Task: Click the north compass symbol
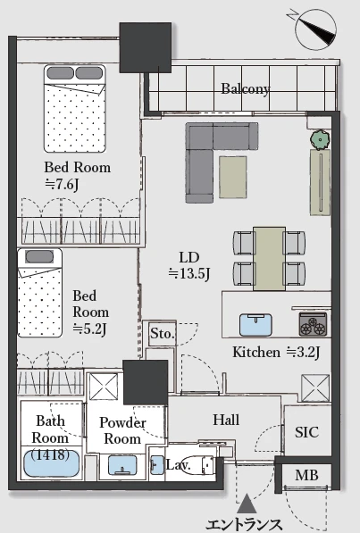[x=315, y=29]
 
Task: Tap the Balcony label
[x=246, y=88]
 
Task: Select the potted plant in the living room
[x=320, y=139]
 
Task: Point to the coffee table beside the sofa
[x=233, y=177]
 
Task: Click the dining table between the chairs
[x=269, y=259]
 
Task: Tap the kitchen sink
[x=255, y=325]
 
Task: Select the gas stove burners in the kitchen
[x=313, y=325]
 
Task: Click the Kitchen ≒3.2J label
[x=276, y=353]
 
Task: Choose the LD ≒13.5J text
[x=189, y=265]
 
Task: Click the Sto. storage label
[x=163, y=334]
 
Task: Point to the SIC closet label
[x=306, y=432]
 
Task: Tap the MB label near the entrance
[x=306, y=475]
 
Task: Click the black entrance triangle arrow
[x=247, y=504]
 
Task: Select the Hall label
[x=226, y=420]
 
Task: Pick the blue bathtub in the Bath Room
[x=52, y=463]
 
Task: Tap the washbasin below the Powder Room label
[x=122, y=465]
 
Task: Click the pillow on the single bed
[x=39, y=257]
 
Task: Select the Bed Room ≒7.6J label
[x=77, y=175]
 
